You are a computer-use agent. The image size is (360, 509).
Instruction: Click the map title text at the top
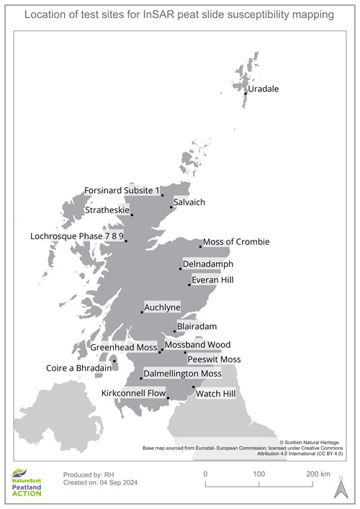tap(180, 14)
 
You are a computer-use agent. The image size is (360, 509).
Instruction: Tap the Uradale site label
tap(263, 89)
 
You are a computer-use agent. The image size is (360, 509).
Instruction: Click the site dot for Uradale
tap(246, 94)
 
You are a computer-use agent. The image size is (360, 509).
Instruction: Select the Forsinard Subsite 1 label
tap(120, 190)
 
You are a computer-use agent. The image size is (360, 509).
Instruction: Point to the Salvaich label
tap(189, 202)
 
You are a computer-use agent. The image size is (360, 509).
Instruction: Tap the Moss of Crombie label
tap(236, 242)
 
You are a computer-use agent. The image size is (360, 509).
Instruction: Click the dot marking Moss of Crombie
tap(200, 246)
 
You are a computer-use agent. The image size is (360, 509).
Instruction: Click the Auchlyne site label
tap(162, 307)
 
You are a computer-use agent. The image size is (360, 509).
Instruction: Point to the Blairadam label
tap(197, 325)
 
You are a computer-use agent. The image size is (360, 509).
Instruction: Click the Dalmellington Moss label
tap(182, 374)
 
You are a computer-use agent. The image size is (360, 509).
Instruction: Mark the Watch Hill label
tap(215, 394)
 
